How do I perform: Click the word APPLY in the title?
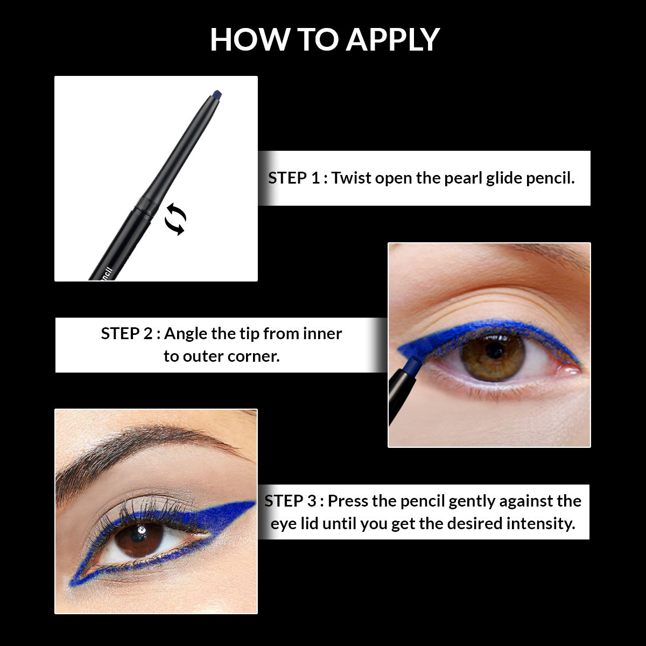coord(392,39)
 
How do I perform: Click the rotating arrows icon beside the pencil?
coord(175,220)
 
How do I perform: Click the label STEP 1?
coord(294,178)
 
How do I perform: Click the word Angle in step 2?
coord(186,334)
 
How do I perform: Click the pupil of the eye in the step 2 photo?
coord(494,351)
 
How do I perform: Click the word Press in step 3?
coord(348,501)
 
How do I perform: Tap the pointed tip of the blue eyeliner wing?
coord(252,503)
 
